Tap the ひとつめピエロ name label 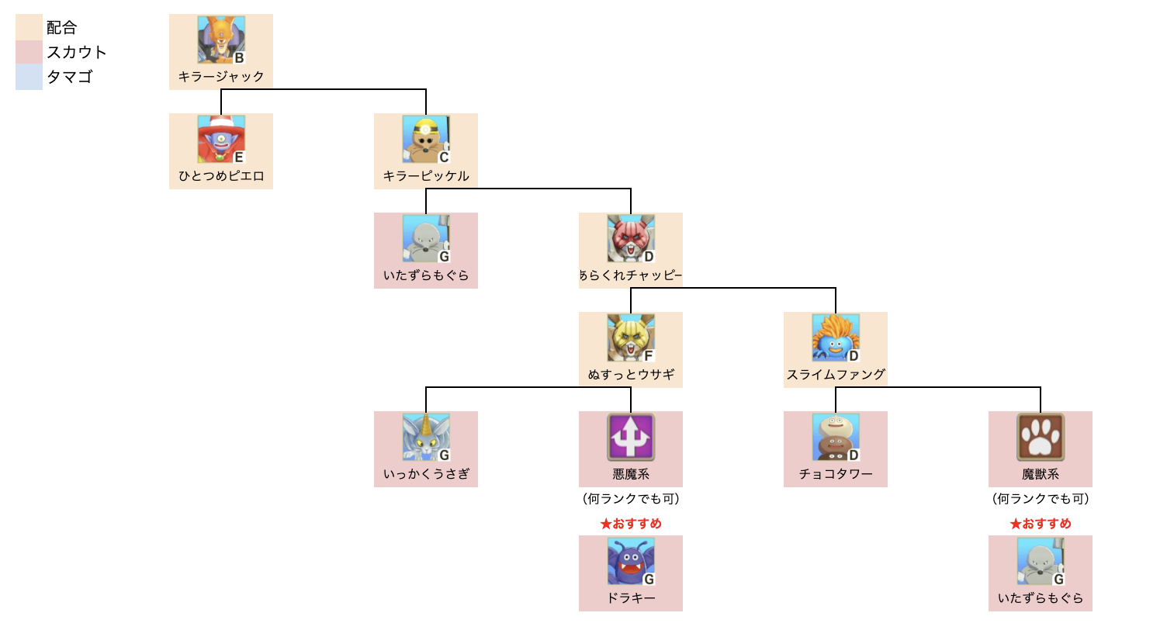tap(221, 176)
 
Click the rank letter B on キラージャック tap(239, 58)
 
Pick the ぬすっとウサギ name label tap(631, 375)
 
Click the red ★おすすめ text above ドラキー tap(631, 524)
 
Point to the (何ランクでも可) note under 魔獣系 tap(1041, 499)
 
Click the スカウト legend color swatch tap(29, 52)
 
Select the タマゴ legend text tap(70, 77)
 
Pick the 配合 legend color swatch tap(29, 27)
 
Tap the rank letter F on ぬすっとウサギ tap(649, 356)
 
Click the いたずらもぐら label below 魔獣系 tap(1041, 598)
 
